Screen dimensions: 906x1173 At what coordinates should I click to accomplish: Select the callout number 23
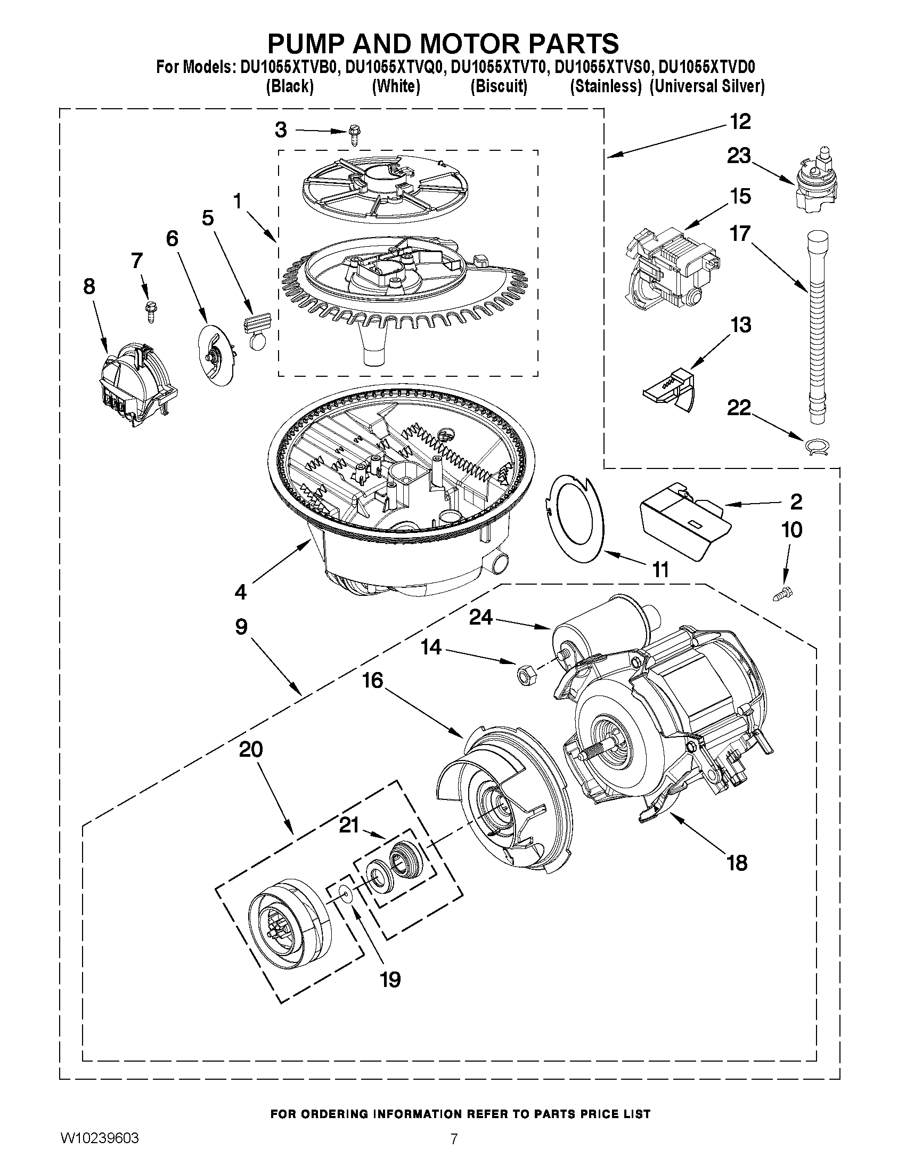point(739,156)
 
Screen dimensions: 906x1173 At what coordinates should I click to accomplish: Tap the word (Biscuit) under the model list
point(499,86)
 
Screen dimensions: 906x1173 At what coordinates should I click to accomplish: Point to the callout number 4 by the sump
point(240,593)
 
